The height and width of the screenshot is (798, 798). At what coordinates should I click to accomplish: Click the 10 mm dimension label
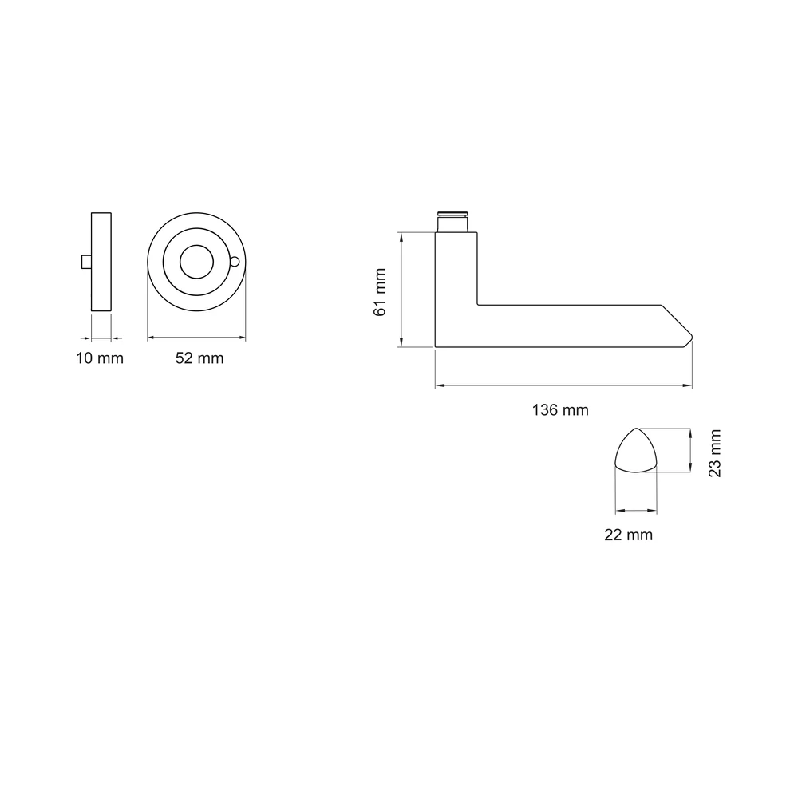point(100,358)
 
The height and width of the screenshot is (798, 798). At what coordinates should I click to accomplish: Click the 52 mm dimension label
point(199,358)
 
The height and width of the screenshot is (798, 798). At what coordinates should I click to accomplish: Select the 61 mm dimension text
point(380,292)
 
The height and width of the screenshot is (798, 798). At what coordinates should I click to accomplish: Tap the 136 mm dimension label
point(560,409)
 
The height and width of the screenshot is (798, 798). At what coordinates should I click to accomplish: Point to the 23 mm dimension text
point(715,453)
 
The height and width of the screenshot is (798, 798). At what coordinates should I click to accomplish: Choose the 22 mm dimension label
point(629,535)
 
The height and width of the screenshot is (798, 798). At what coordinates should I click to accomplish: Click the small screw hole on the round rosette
point(235,262)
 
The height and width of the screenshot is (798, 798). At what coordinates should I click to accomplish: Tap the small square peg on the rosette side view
point(86,262)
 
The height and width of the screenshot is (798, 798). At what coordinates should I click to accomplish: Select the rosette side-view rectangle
point(101,262)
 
